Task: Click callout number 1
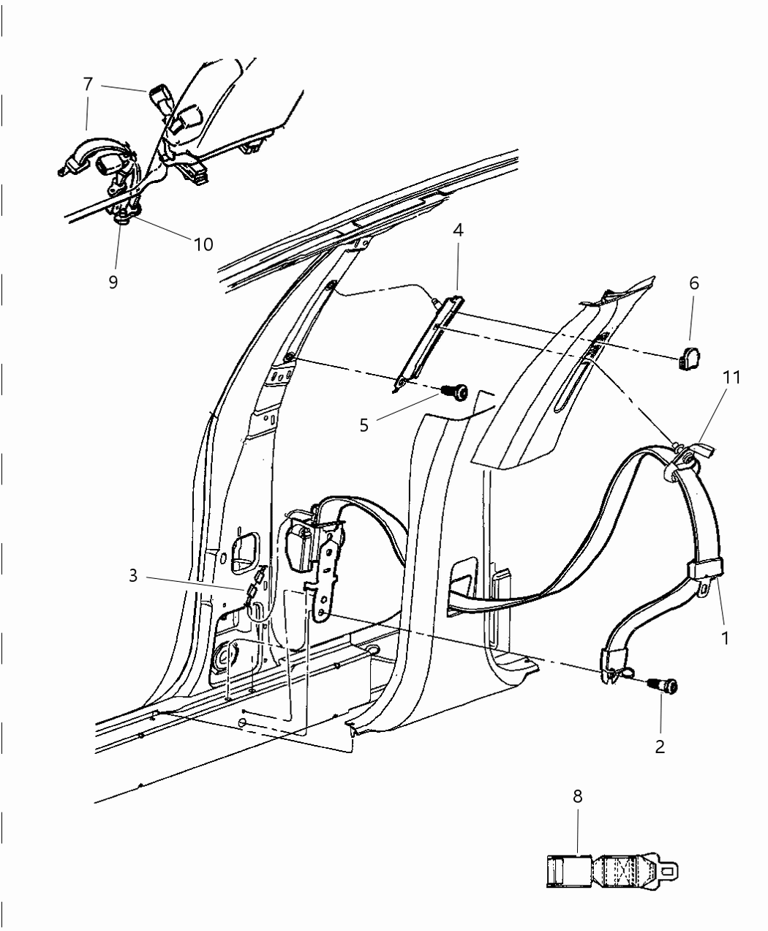click(x=725, y=638)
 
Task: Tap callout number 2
click(x=660, y=747)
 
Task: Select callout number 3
click(x=133, y=575)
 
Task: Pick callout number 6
click(x=693, y=283)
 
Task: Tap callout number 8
click(x=578, y=796)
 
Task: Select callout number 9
click(x=113, y=282)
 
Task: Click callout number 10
click(x=203, y=244)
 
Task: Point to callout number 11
click(x=731, y=378)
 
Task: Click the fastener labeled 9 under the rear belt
click(x=122, y=218)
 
